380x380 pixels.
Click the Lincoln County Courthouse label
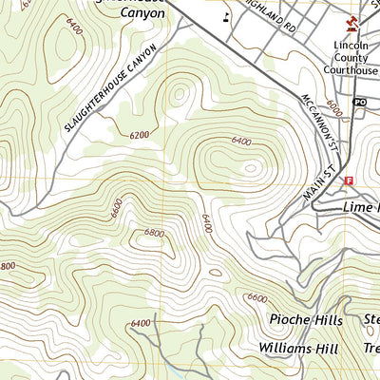pos(355,57)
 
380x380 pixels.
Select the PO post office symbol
pos(360,102)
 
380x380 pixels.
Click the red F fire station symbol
pos(349,180)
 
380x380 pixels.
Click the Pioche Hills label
pos(303,320)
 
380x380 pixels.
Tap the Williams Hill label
pos(297,349)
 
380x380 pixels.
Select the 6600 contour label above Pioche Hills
pos(256,297)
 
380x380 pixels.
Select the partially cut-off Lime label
pos(360,206)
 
